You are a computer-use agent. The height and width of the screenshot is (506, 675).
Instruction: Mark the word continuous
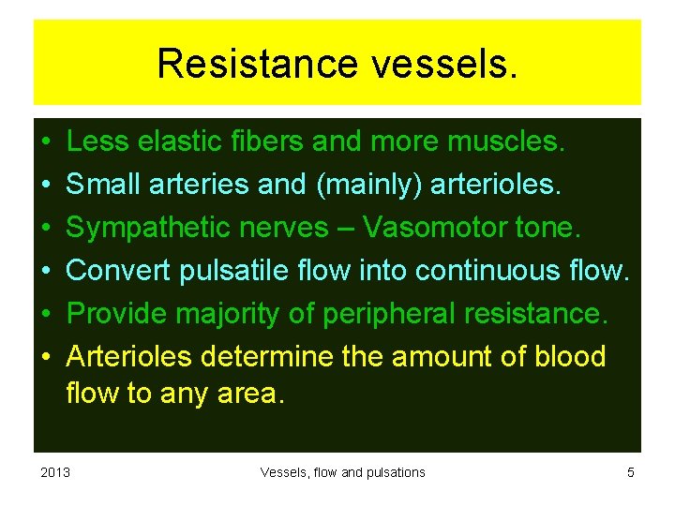(x=490, y=271)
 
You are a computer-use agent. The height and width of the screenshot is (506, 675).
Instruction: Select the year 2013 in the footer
(x=56, y=472)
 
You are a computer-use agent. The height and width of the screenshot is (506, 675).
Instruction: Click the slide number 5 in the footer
(x=631, y=472)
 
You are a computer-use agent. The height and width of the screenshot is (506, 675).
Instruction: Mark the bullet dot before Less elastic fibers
(x=47, y=142)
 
